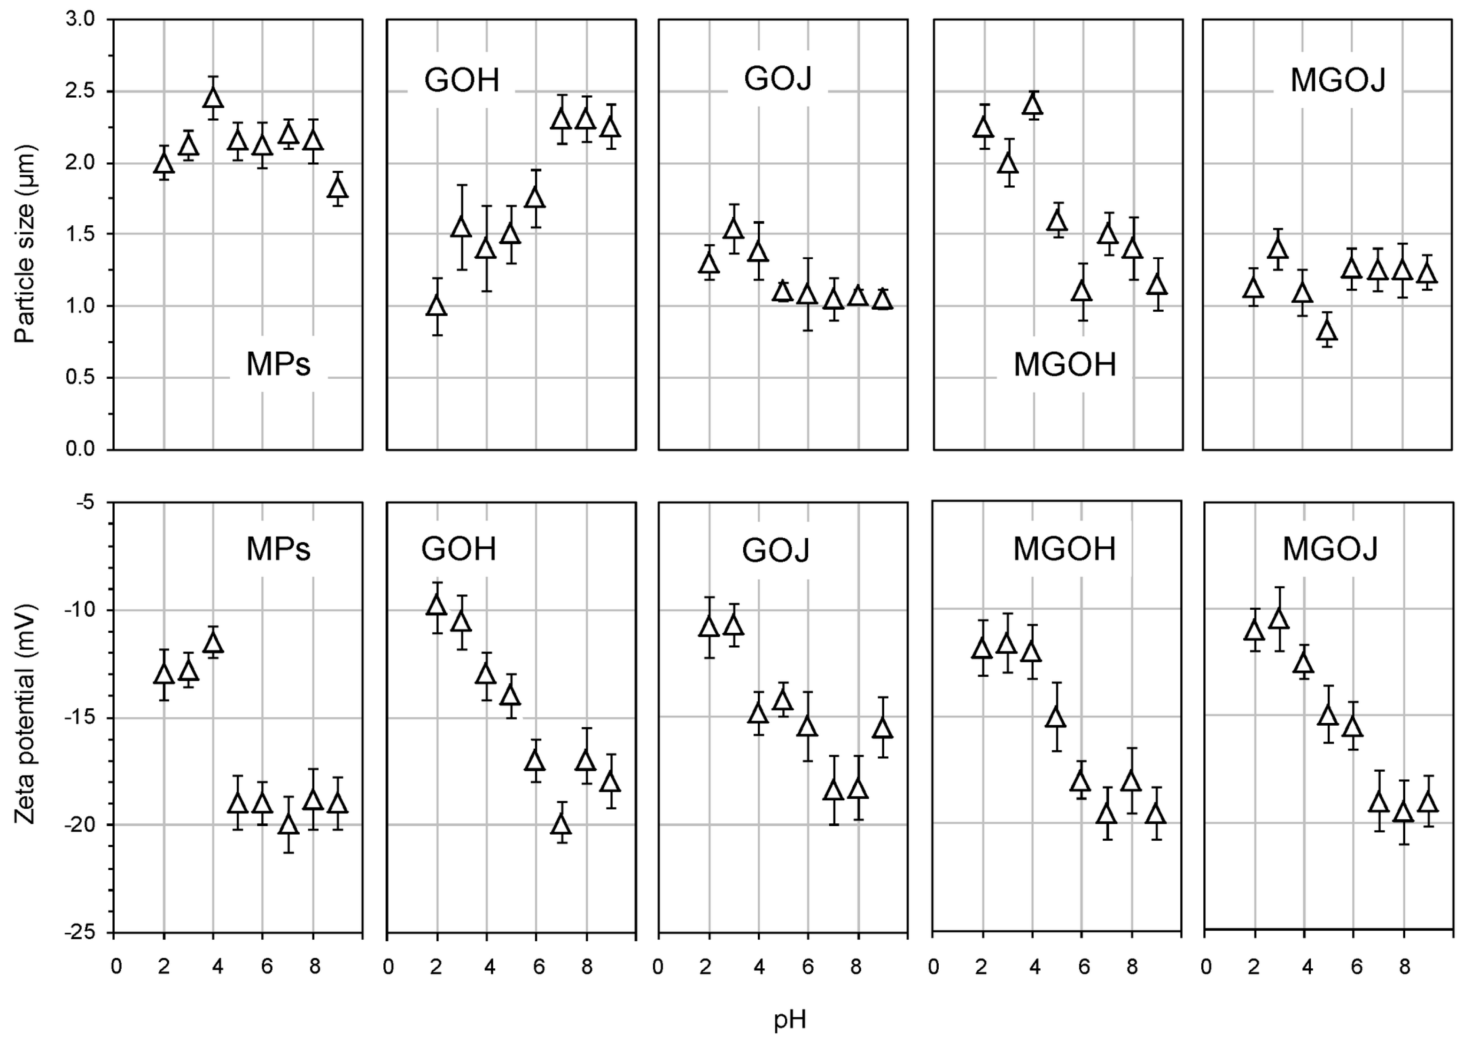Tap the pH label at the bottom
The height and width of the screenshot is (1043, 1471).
click(790, 1019)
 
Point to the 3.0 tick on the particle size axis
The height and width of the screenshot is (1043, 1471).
click(80, 20)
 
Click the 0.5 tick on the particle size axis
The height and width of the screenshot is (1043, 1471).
click(80, 378)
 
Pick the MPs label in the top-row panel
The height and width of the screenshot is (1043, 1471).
click(278, 365)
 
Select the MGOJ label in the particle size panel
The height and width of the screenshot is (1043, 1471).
click(1338, 81)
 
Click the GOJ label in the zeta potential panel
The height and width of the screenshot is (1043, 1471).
click(776, 551)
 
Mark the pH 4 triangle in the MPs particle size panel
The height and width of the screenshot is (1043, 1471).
click(213, 98)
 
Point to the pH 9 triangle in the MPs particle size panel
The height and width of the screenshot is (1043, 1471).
click(338, 188)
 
